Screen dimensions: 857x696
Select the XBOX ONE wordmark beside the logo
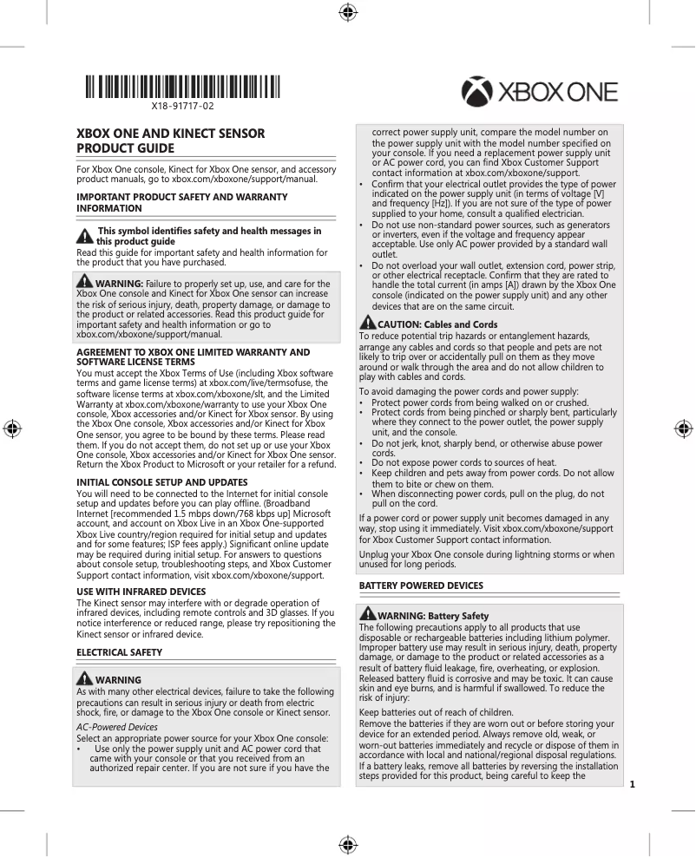[557, 93]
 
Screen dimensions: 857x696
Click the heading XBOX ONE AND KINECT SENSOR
[171, 134]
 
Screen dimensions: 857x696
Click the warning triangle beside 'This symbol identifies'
[85, 235]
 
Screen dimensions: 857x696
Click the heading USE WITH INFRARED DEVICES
[141, 592]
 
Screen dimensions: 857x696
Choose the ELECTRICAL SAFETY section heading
[120, 651]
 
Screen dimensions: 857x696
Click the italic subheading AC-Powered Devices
[117, 726]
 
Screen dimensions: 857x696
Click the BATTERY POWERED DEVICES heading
[421, 586]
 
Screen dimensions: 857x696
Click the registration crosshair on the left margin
[12, 428]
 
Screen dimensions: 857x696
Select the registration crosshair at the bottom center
[347, 844]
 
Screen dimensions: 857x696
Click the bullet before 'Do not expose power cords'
[362, 463]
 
